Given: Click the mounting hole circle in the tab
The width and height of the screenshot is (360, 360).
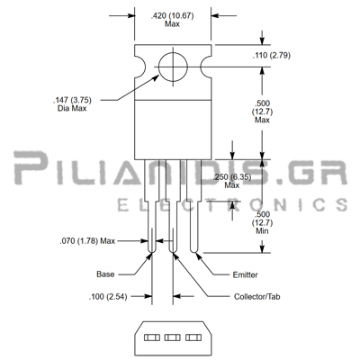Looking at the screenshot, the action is (x=158, y=67).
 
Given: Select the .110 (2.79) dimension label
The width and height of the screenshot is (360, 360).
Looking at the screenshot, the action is (x=272, y=56).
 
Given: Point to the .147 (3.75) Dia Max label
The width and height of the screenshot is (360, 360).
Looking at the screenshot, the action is (x=72, y=104).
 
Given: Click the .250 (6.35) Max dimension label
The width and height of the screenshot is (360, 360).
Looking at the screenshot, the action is (x=232, y=181).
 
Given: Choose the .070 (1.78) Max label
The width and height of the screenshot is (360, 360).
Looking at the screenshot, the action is (x=87, y=241).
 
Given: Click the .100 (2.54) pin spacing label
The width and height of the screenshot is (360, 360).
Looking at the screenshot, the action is (x=108, y=297).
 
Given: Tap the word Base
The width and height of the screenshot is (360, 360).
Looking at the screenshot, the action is (x=105, y=274).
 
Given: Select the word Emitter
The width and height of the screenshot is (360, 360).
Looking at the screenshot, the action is (x=245, y=274).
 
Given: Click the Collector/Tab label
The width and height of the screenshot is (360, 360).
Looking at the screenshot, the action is (x=257, y=297).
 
